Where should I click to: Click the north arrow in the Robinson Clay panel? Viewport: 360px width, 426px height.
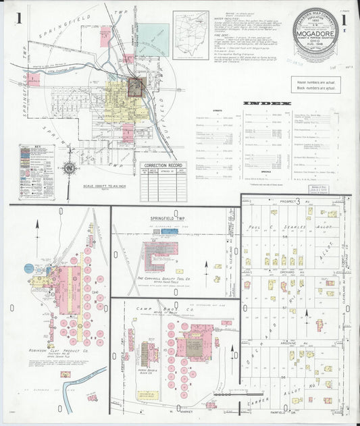point(38,230)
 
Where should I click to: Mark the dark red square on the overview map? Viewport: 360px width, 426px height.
point(136,87)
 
